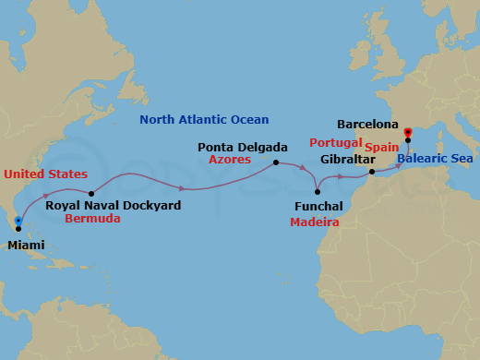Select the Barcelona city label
point(367,123)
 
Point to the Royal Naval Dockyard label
point(113,206)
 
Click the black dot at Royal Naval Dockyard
point(91,192)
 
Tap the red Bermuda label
point(93,220)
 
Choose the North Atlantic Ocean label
point(204,120)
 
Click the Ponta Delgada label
point(236,147)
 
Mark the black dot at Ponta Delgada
point(276,163)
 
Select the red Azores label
point(231,160)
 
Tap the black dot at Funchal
point(317,190)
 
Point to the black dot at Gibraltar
point(371,172)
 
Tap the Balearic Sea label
point(435,159)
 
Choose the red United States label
point(45,174)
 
